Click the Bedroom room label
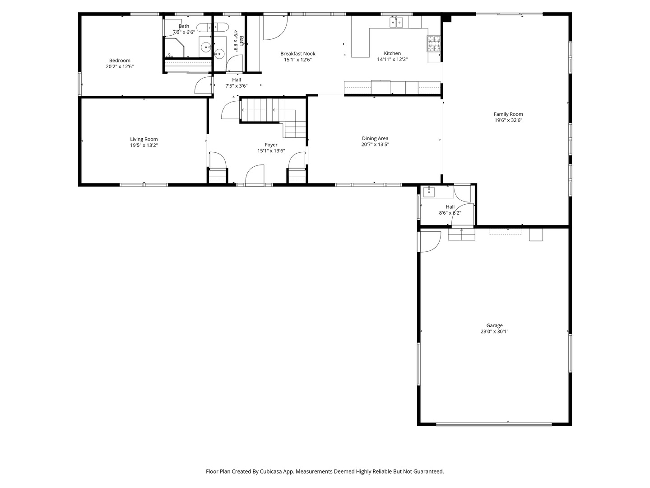(x=120, y=61)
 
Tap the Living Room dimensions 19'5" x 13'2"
(x=144, y=145)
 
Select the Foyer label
(x=271, y=145)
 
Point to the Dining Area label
(x=375, y=138)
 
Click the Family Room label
(x=508, y=114)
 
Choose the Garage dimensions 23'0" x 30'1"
(x=495, y=331)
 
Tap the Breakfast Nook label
(x=297, y=53)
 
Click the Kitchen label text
(x=392, y=53)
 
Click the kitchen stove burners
(x=433, y=43)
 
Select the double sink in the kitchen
(x=396, y=22)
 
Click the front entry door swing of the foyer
(x=255, y=175)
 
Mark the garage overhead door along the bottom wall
(x=494, y=424)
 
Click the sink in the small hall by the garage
(x=429, y=192)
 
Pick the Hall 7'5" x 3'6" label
(x=237, y=80)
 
